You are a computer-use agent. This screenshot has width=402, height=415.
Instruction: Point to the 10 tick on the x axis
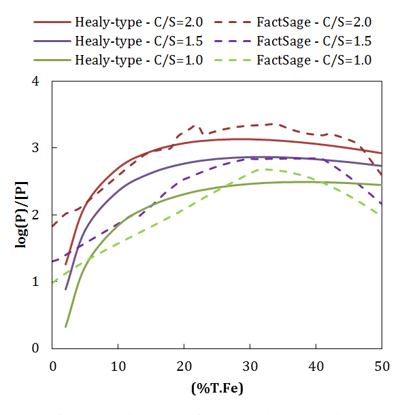pyautogui.click(x=118, y=365)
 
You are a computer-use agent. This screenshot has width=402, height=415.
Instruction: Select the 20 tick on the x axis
pyautogui.click(x=184, y=365)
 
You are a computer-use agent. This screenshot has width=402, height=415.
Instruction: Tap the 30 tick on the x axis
pyautogui.click(x=250, y=365)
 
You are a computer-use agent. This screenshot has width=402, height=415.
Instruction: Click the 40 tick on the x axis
pyautogui.click(x=316, y=365)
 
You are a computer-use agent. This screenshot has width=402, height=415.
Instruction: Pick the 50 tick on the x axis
pyautogui.click(x=382, y=365)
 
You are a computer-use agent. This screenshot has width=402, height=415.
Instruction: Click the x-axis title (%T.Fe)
pyautogui.click(x=216, y=389)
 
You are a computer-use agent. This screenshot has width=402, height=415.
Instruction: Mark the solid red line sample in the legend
pyautogui.click(x=52, y=22)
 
